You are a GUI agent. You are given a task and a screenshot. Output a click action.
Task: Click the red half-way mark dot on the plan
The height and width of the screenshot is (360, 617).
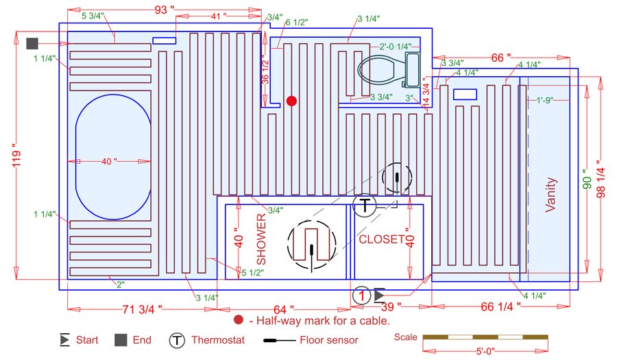[x=291, y=101]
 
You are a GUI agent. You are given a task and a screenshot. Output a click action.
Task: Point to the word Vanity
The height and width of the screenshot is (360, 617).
[x=551, y=195]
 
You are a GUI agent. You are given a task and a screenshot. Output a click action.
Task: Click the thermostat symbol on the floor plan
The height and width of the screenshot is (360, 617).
[x=365, y=206]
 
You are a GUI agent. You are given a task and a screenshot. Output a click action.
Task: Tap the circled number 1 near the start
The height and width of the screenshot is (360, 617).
[x=361, y=296]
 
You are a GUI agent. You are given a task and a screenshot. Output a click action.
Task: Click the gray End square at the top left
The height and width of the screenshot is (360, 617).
[x=32, y=44]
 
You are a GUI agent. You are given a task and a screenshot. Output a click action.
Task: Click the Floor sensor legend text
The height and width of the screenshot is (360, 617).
[x=329, y=340]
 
